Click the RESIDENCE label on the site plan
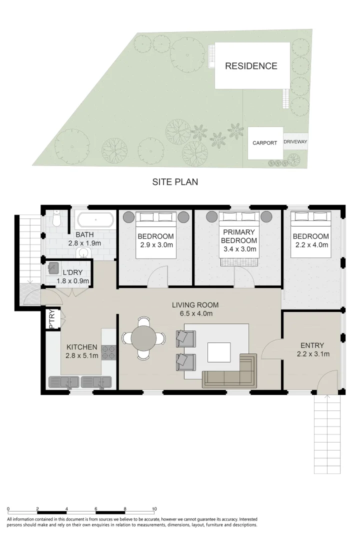tap(250, 66)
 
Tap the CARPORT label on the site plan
tap(264, 143)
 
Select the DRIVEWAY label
tap(295, 142)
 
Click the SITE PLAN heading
tap(175, 182)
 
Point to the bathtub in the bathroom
tap(95, 220)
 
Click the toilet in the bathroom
tap(57, 219)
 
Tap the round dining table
tap(143, 338)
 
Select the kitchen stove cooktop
tap(108, 352)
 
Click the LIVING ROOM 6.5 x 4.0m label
tap(195, 309)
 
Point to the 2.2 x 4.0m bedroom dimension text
tap(310, 245)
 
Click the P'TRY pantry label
tap(51, 320)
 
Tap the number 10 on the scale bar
tap(154, 508)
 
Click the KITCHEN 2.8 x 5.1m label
tap(82, 351)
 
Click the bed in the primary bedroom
tap(238, 235)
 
